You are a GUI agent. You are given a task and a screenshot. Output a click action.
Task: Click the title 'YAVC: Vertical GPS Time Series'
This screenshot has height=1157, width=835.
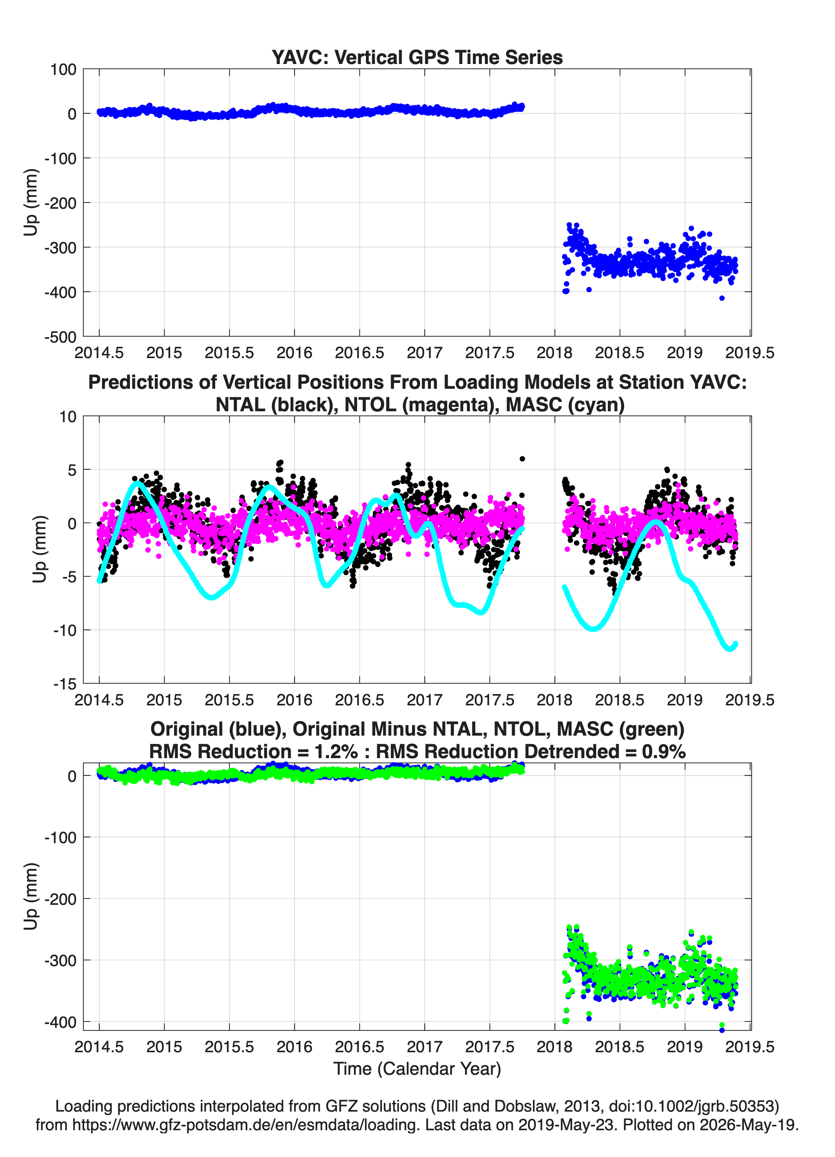(x=417, y=57)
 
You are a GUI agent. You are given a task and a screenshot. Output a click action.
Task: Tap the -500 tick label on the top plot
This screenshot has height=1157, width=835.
(x=60, y=337)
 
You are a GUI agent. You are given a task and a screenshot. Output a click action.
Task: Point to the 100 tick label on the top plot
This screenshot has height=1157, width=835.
(x=63, y=69)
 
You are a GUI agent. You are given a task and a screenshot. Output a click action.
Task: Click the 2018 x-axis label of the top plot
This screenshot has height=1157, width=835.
(x=555, y=353)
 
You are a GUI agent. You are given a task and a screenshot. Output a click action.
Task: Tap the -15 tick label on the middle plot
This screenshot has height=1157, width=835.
(x=65, y=684)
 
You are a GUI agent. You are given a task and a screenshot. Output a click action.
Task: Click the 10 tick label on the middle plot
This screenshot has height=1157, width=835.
(x=68, y=417)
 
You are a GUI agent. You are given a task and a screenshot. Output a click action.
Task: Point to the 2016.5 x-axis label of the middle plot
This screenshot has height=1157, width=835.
(x=359, y=700)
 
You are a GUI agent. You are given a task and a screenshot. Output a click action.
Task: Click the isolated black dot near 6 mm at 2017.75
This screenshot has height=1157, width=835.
(x=522, y=459)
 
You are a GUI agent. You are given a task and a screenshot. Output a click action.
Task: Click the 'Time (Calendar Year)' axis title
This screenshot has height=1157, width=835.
(x=417, y=1068)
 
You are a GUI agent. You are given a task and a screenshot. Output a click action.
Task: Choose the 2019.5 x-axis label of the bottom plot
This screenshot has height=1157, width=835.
(x=750, y=1047)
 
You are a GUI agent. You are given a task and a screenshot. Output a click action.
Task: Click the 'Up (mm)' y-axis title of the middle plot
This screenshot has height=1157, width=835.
(x=39, y=549)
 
